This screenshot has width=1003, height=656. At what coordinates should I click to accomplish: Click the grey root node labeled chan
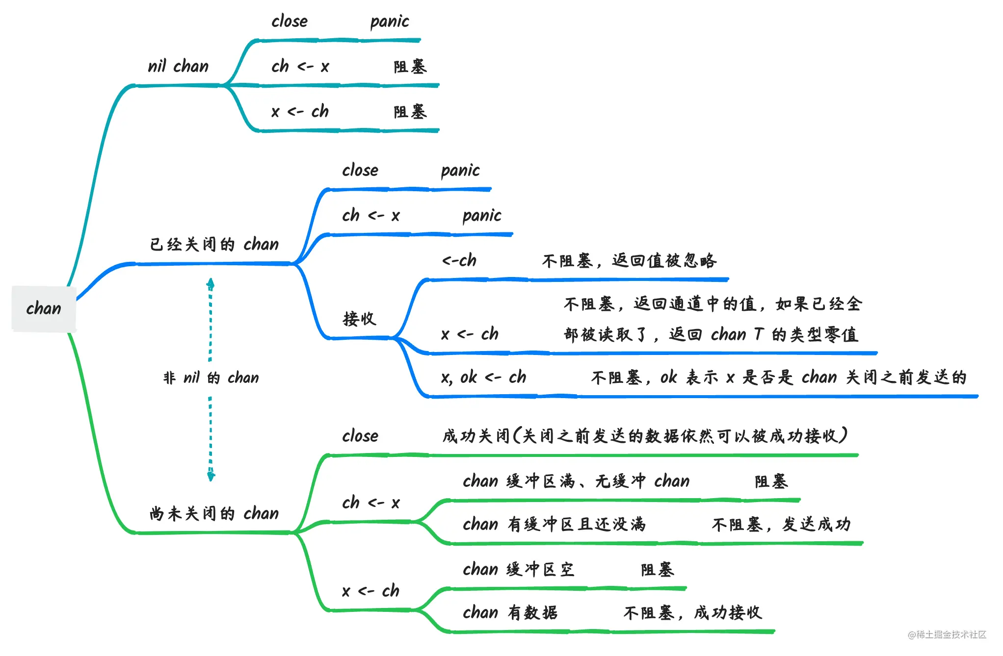pos(44,309)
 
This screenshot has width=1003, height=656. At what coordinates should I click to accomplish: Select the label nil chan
pos(178,66)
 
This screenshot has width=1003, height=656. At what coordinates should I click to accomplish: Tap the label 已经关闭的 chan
pos(214,244)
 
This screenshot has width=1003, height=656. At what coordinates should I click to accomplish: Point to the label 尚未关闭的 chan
pos(214,513)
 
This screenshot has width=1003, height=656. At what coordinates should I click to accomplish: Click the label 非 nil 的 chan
pos(211,378)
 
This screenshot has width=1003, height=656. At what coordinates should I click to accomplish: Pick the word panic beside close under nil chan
pos(389,22)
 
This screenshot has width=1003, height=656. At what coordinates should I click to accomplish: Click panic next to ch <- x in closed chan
pos(482,216)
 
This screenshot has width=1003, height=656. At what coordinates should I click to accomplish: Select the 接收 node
pos(359,319)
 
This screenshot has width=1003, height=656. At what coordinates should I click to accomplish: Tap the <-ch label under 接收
pos(459,260)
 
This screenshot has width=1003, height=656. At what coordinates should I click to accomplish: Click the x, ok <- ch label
pos(483,378)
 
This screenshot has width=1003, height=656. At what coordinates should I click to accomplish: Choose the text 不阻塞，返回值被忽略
pos(629,260)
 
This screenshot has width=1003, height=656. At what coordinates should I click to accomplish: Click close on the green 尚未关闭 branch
pos(360,436)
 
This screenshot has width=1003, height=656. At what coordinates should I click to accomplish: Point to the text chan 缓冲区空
pos(518,570)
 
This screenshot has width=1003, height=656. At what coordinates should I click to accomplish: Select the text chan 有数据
pos(510,613)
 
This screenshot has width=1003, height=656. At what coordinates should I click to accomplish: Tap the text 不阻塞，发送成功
pos(781,525)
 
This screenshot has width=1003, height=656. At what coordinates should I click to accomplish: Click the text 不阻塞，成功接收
pos(692,613)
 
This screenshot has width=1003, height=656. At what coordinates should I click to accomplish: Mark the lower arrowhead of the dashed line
pos(211,476)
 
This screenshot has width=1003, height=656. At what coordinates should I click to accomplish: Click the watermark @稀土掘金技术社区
pos(947,634)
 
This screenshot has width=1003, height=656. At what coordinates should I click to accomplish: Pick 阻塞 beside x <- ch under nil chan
pos(410,112)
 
